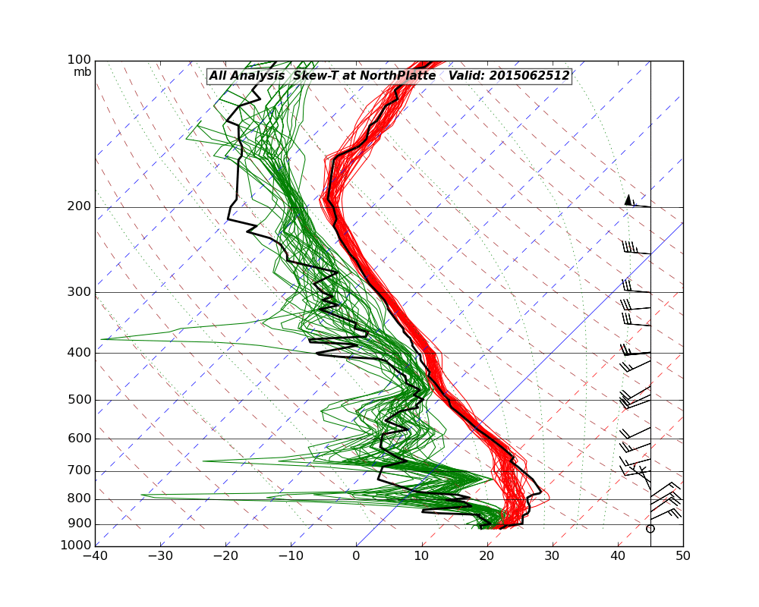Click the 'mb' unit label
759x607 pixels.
(x=83, y=72)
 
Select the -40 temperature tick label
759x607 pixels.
(x=95, y=555)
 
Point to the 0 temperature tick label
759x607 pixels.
(x=357, y=555)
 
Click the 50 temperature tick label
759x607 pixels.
(x=683, y=555)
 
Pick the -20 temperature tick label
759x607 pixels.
(x=225, y=555)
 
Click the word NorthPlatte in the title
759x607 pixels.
(x=398, y=76)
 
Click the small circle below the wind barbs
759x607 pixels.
(x=650, y=528)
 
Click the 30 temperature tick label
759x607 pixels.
(x=553, y=555)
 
